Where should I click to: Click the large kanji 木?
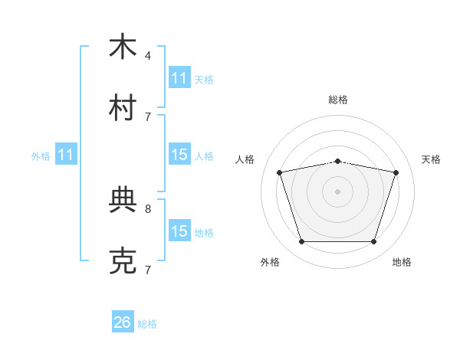[123, 46]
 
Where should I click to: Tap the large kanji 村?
[123, 107]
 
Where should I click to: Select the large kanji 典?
[123, 199]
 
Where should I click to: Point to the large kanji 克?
[123, 260]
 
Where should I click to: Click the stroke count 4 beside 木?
[148, 56]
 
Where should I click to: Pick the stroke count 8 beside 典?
[148, 209]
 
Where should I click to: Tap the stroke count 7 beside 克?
[148, 270]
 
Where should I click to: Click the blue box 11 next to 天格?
[179, 77]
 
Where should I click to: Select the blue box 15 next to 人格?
[179, 154]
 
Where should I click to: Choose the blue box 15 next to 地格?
[179, 230]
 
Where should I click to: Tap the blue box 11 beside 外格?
[66, 154]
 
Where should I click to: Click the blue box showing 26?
[123, 321]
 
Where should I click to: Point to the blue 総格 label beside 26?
[147, 324]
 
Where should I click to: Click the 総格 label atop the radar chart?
[338, 100]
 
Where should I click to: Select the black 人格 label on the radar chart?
[245, 159]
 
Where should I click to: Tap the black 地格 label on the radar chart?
[402, 262]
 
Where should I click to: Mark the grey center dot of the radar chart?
[337, 191]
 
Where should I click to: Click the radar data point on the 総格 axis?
[337, 162]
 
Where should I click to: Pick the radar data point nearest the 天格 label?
[396, 172]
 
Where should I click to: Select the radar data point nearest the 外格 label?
[302, 241]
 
